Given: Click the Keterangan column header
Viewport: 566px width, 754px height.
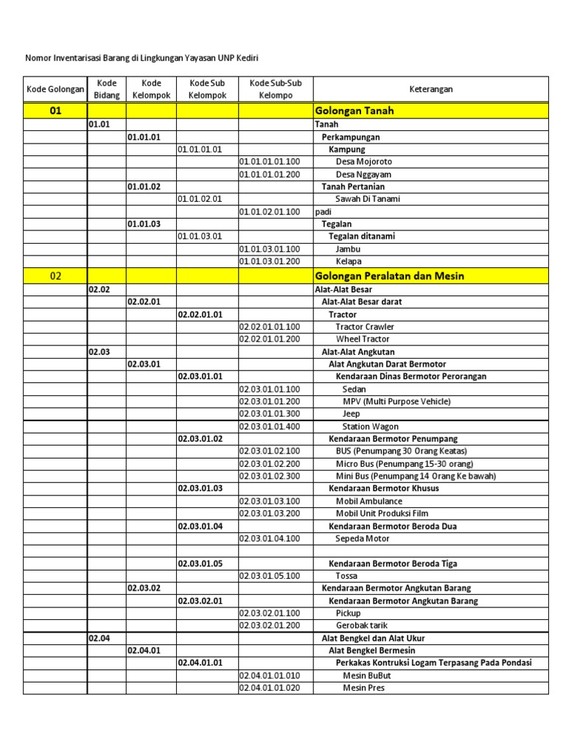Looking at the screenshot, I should pyautogui.click(x=431, y=89).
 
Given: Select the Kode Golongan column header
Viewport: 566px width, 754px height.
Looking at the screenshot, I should pyautogui.click(x=55, y=89).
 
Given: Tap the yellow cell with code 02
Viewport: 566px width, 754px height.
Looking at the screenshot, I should pyautogui.click(x=55, y=275).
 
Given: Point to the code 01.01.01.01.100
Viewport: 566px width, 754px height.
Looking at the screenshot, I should pyautogui.click(x=270, y=161).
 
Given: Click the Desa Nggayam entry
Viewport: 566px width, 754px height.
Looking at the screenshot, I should pyautogui.click(x=363, y=175).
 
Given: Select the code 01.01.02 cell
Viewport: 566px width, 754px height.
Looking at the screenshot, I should pyautogui.click(x=144, y=186).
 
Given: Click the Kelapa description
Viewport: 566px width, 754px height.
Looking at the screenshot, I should pyautogui.click(x=349, y=261).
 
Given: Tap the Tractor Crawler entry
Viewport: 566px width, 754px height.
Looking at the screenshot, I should pyautogui.click(x=365, y=326).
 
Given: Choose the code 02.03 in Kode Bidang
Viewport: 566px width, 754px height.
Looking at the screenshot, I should pyautogui.click(x=99, y=352).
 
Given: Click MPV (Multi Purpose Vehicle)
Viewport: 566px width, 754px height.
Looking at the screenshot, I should pyautogui.click(x=396, y=401).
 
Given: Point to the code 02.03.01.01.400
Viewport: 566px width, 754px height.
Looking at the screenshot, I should pyautogui.click(x=270, y=426).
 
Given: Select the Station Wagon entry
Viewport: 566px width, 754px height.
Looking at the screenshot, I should pyautogui.click(x=371, y=426).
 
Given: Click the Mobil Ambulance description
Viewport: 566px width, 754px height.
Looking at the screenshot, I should pyautogui.click(x=370, y=501).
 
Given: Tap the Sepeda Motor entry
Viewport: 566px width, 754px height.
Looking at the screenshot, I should pyautogui.click(x=363, y=538).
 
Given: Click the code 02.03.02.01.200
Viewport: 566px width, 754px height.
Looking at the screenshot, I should pyautogui.click(x=270, y=625).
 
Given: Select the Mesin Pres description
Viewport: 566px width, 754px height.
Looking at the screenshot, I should pyautogui.click(x=363, y=688).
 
